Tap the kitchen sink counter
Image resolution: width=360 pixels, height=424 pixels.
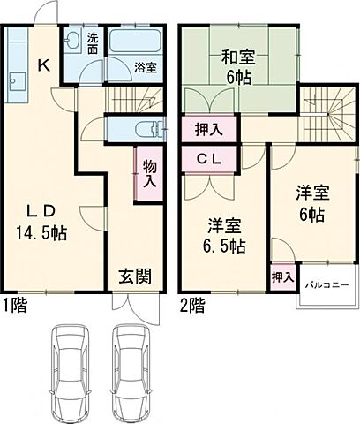tap(17, 83)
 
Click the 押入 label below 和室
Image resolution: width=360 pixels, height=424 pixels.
tap(208, 129)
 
